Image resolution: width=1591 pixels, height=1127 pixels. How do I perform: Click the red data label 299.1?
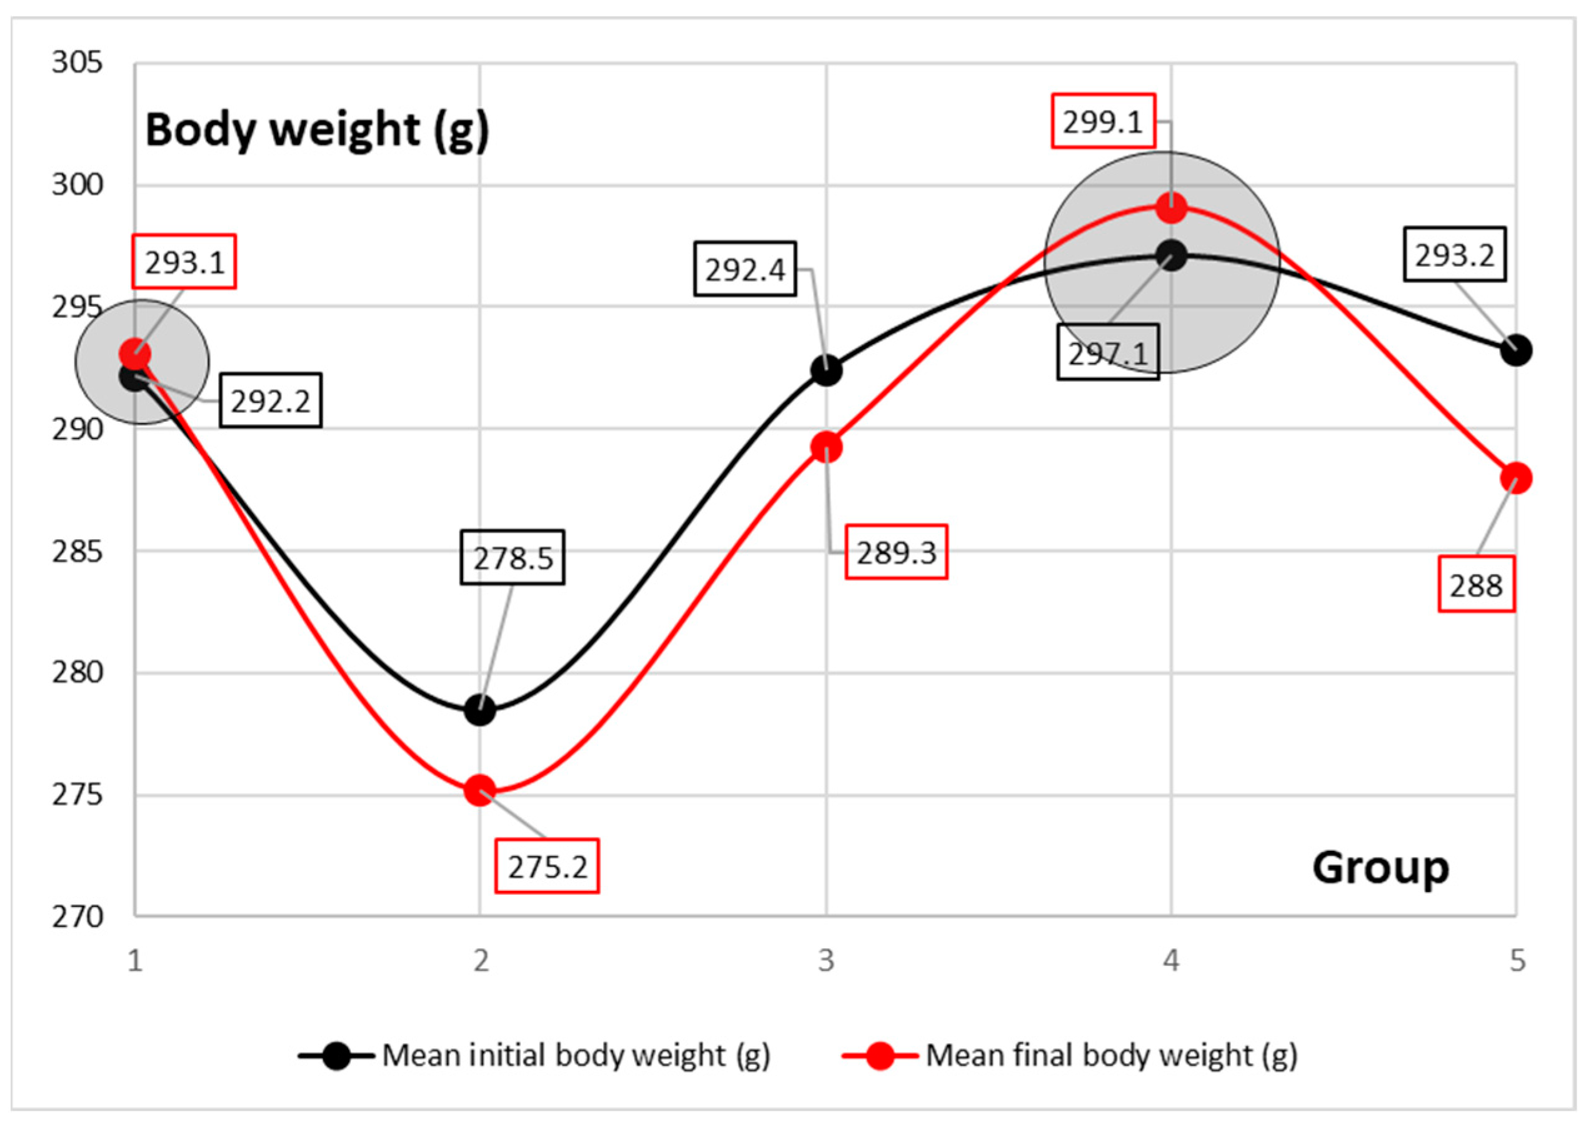click(1102, 121)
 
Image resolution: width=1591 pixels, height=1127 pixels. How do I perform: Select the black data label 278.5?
click(512, 557)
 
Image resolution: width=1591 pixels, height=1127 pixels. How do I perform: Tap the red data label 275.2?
click(546, 866)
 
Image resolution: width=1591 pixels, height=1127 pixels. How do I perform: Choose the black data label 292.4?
click(745, 269)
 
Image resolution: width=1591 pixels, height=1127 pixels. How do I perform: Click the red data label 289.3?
click(895, 552)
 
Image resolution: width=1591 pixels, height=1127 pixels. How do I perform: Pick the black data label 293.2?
click(1454, 255)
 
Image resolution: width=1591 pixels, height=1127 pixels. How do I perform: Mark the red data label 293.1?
click(184, 262)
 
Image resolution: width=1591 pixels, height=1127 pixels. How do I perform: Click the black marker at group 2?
click(480, 710)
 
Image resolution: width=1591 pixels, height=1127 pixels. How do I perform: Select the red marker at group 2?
click(480, 790)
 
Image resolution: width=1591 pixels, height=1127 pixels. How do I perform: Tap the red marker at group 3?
click(826, 447)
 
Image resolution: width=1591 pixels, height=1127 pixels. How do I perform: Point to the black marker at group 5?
click(1516, 350)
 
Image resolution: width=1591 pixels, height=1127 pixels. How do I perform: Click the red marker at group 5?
click(1516, 478)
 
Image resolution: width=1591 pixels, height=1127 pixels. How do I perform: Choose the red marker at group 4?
click(1172, 207)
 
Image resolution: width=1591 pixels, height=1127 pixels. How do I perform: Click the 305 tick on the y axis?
click(77, 63)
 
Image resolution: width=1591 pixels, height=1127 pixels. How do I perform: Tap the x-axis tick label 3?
click(826, 960)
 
